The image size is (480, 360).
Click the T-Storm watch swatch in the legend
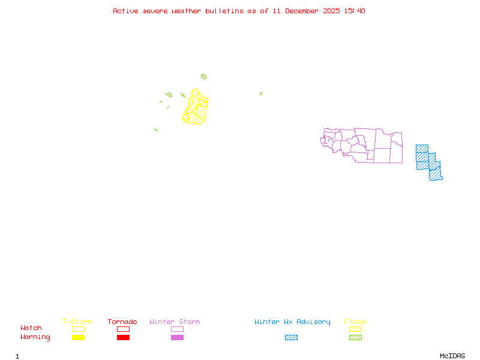pos(78,329)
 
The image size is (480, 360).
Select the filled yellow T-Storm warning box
pos(78,338)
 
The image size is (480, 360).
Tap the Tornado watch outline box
pos(123,329)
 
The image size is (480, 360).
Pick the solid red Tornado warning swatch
pos(123,338)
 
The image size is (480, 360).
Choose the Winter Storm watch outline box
pos(177,329)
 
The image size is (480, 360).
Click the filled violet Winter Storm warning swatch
pos(177,338)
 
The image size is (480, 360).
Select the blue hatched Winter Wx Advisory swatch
pos(291,338)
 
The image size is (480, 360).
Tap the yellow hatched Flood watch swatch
pos(355,329)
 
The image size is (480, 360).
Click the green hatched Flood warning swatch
pos(355,338)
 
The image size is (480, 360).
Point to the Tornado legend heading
pos(122,322)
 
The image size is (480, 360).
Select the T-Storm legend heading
pos(77,322)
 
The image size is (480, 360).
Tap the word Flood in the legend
pos(355,322)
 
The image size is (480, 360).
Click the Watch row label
pos(31,328)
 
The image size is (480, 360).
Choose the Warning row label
pos(35,337)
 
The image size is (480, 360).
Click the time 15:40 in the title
pos(355,11)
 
